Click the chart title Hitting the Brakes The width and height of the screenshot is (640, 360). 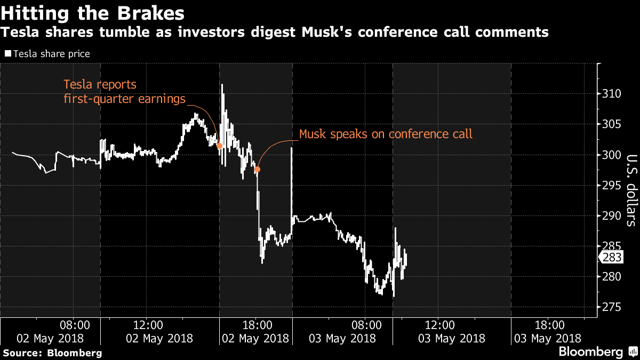click(93, 12)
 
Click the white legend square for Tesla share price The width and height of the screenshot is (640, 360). click(7, 54)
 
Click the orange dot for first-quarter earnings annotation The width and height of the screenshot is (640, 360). click(219, 146)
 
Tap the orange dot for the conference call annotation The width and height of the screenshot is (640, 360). click(257, 170)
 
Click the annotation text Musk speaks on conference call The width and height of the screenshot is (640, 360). click(386, 134)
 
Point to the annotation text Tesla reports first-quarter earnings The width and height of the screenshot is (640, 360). click(124, 91)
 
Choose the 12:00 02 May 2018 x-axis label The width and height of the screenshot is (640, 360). click(147, 331)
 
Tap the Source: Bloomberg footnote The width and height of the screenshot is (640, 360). click(52, 353)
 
